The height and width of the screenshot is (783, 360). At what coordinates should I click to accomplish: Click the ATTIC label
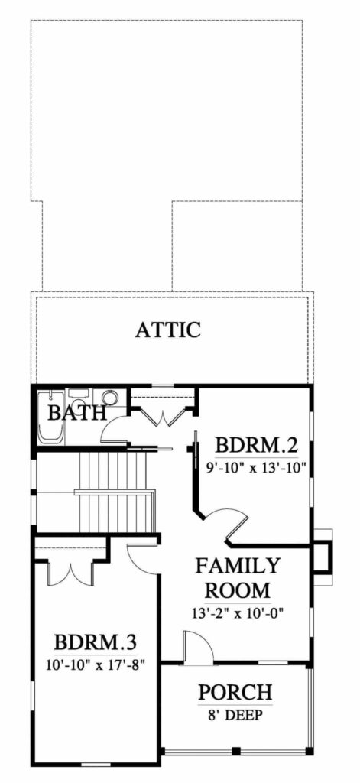point(168,330)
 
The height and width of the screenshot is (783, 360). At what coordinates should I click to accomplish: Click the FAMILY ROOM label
point(238,578)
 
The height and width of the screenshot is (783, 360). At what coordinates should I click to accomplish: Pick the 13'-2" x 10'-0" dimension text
point(238,612)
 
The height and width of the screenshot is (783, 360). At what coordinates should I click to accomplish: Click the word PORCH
point(235,693)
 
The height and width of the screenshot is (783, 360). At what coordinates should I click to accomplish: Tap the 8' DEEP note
point(235,715)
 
